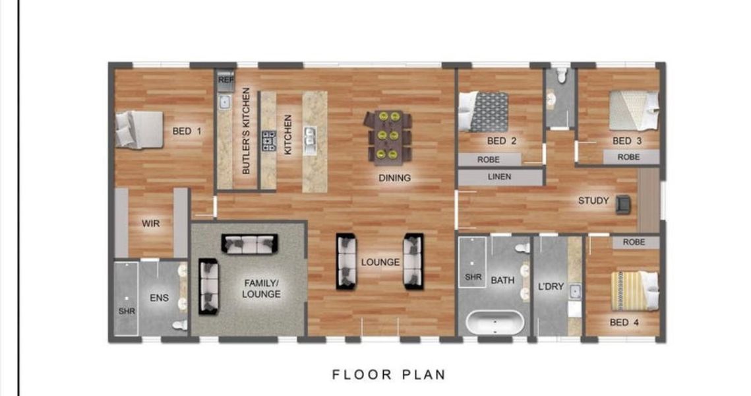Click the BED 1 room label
pyautogui.click(x=187, y=131)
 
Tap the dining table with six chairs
pyautogui.click(x=388, y=136)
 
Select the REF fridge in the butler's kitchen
pyautogui.click(x=225, y=81)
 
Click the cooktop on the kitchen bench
pyautogui.click(x=269, y=141)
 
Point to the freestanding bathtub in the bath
pyautogui.click(x=495, y=323)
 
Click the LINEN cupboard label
pyautogui.click(x=499, y=177)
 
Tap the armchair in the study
pyautogui.click(x=623, y=204)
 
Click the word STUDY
pyautogui.click(x=593, y=201)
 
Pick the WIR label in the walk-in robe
pyautogui.click(x=150, y=223)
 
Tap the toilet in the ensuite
pyautogui.click(x=180, y=325)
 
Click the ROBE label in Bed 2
pyautogui.click(x=488, y=160)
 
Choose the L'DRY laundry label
pyautogui.click(x=551, y=286)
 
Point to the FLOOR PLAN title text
pyautogui.click(x=389, y=374)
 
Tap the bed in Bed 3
pyautogui.click(x=634, y=111)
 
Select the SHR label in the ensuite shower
pyautogui.click(x=127, y=311)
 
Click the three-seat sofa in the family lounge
pyautogui.click(x=249, y=244)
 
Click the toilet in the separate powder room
pyautogui.click(x=561, y=75)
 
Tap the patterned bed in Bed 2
pyautogui.click(x=483, y=112)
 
